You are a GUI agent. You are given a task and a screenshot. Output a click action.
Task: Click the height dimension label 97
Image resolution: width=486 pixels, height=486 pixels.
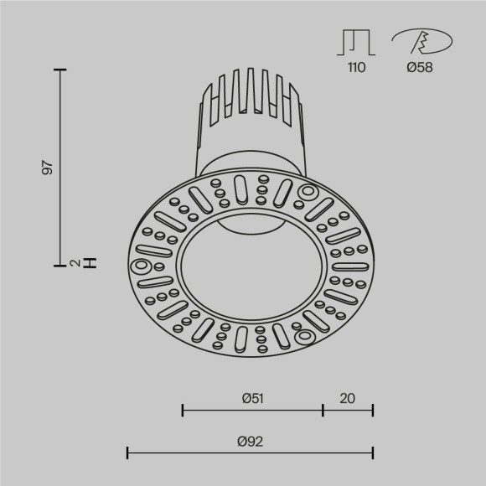[x=48, y=167]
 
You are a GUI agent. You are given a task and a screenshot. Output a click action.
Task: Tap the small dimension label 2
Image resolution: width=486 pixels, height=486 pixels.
[x=75, y=264]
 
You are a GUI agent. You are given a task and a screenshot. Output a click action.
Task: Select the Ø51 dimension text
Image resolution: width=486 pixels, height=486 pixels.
[x=252, y=398]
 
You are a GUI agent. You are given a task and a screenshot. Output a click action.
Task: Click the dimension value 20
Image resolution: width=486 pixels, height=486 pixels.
[x=348, y=398]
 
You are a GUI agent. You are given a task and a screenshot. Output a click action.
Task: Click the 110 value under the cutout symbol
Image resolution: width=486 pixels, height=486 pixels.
[x=356, y=67]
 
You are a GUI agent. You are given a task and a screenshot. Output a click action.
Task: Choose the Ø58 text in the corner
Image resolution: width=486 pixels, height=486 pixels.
[x=419, y=67]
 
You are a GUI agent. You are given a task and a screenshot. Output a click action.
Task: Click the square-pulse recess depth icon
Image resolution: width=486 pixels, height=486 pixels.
[x=356, y=42]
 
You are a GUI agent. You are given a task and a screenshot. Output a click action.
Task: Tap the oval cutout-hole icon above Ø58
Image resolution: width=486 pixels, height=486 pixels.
[x=421, y=40]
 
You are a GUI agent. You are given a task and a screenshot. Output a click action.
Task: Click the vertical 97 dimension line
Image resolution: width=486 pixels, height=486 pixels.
[x=61, y=167]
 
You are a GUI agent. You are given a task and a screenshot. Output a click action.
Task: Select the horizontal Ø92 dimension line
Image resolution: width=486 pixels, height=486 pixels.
[x=250, y=453]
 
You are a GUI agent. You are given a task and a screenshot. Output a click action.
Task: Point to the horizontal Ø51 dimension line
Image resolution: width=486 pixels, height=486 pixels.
[x=252, y=410]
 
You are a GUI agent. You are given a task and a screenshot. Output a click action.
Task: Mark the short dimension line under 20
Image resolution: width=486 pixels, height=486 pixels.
[x=348, y=410]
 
